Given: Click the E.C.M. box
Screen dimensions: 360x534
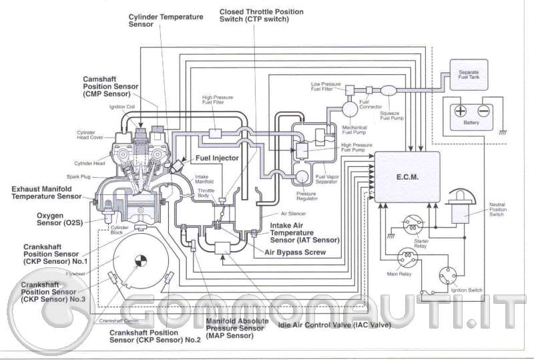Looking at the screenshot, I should tap(407, 177).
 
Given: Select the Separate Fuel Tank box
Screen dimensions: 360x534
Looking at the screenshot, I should tap(468, 74).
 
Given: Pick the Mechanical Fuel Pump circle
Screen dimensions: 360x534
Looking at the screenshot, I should tap(350, 108).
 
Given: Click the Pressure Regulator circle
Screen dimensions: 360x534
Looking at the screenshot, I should tap(302, 177).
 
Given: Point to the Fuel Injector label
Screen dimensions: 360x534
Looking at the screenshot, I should tap(217, 158).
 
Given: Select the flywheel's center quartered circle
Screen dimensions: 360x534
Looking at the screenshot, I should tap(139, 260).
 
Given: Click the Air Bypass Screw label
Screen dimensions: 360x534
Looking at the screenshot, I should tap(295, 252).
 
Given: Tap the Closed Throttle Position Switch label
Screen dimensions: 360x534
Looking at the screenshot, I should tap(262, 16).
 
